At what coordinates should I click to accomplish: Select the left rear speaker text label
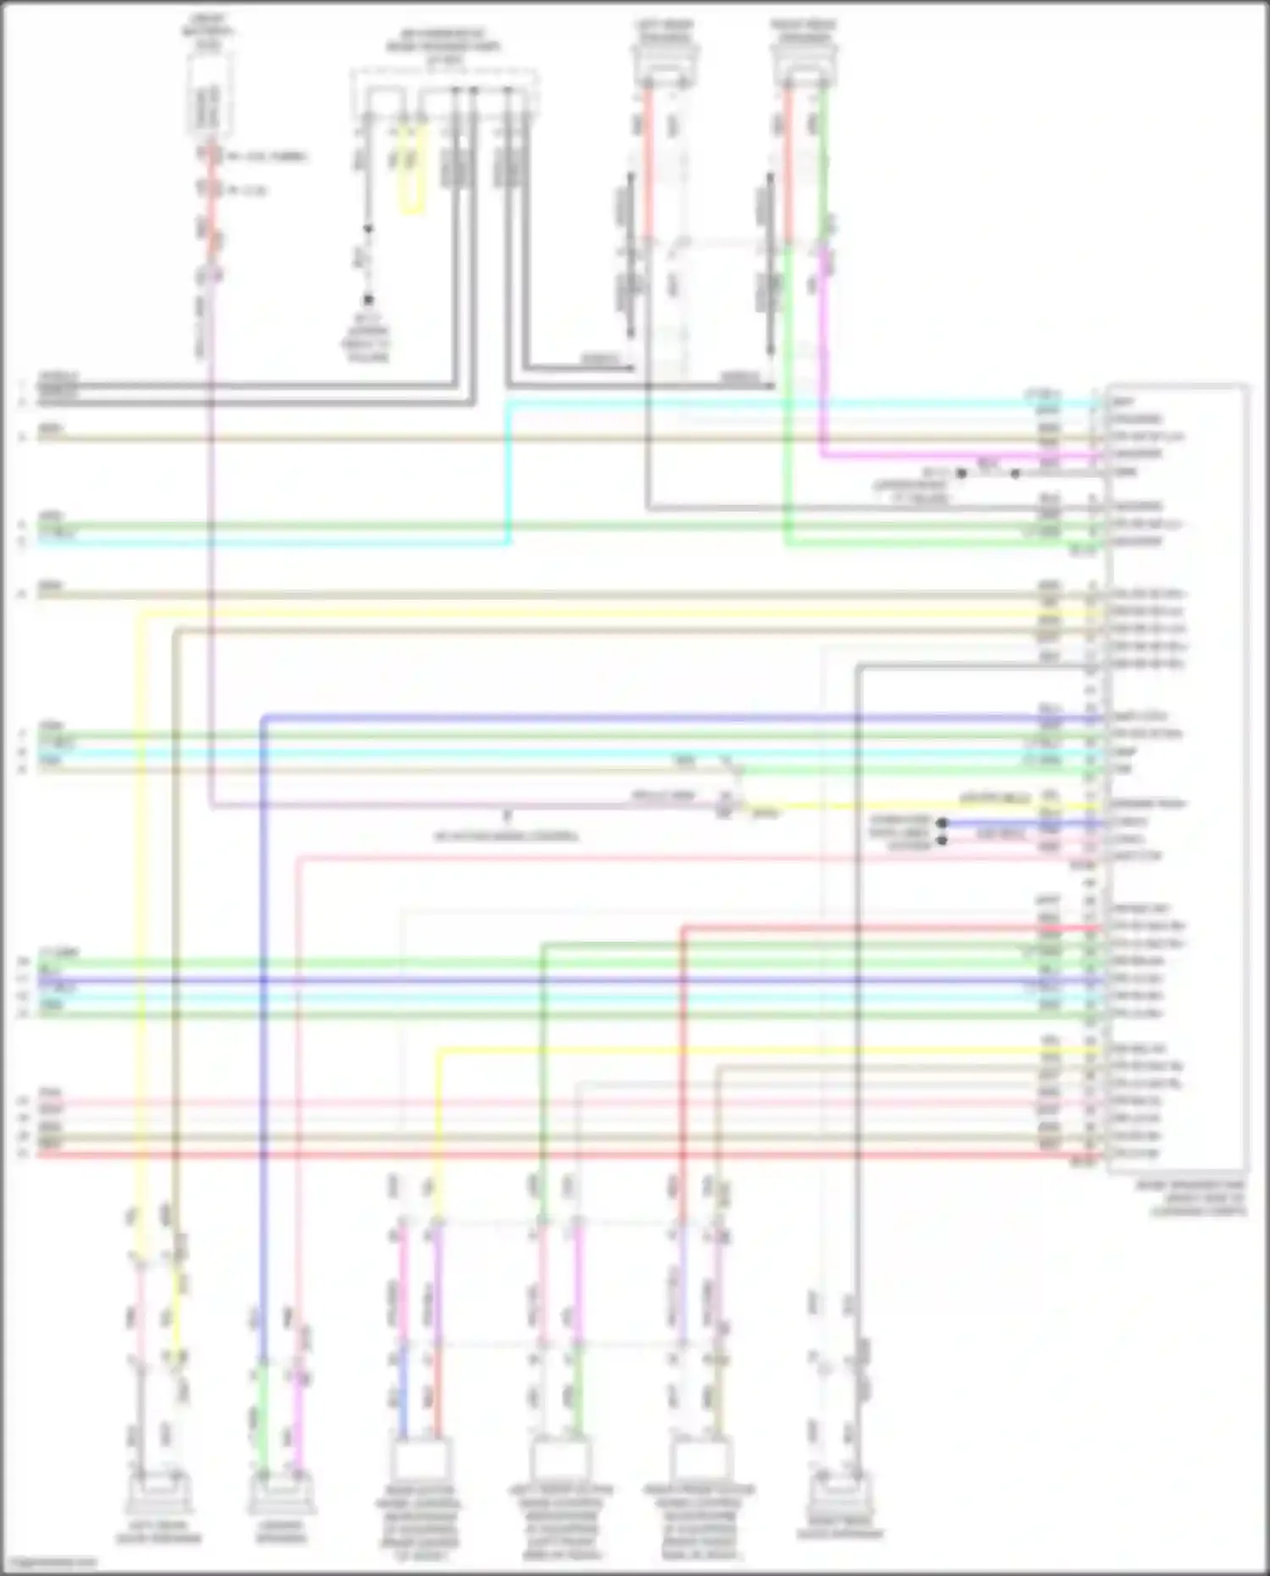(665, 31)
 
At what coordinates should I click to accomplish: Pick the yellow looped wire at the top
(411, 169)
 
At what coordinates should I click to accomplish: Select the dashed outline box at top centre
(445, 93)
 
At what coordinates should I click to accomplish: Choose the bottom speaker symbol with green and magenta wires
(281, 1494)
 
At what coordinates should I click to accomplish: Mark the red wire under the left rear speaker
(648, 161)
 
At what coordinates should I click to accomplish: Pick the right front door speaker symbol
(838, 1494)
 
